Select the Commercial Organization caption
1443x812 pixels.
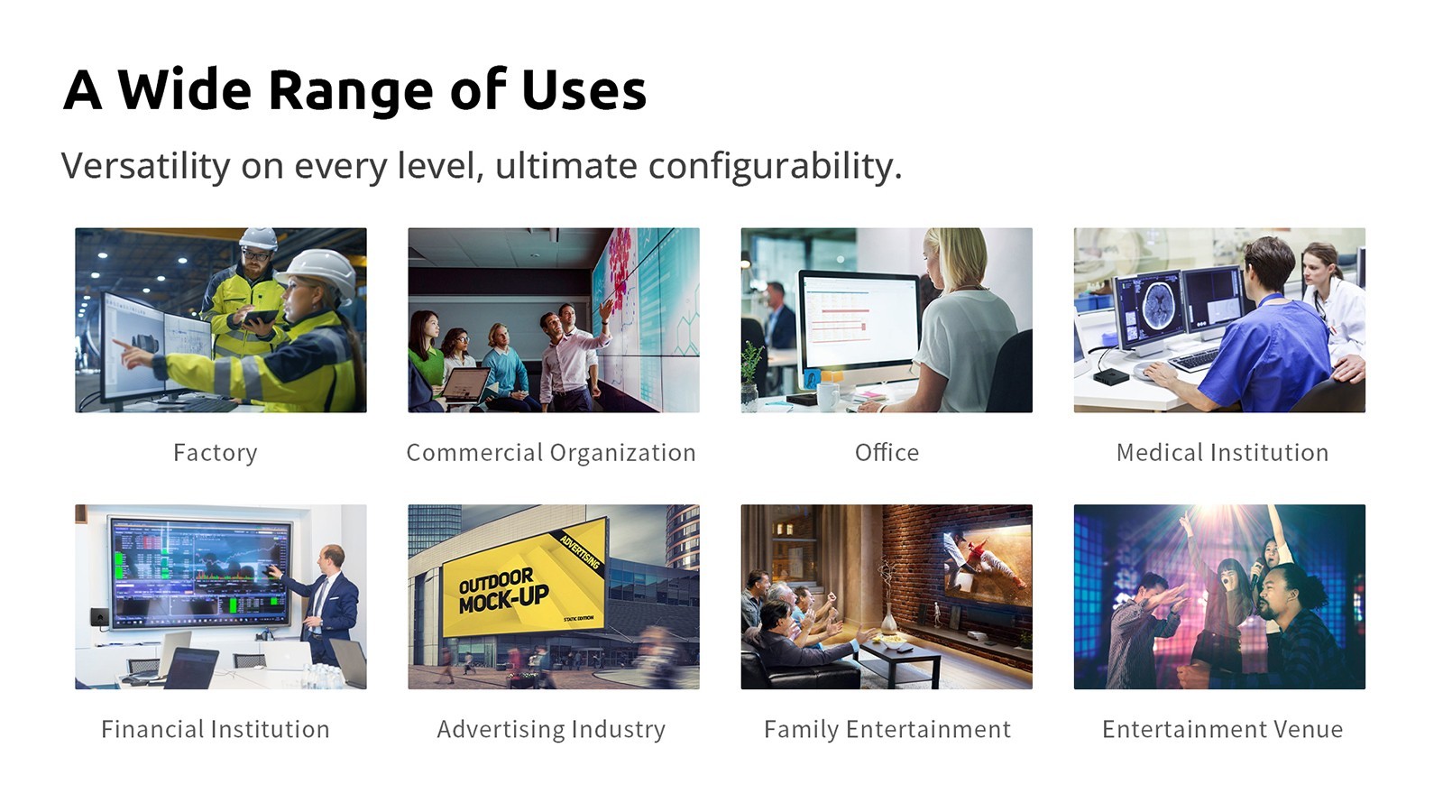[x=551, y=453]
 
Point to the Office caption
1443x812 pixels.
[x=887, y=452]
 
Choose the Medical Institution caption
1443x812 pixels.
[x=1223, y=452]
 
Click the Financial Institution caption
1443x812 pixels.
[x=216, y=730]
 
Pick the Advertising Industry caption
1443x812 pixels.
[x=551, y=730]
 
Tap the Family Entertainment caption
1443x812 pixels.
[x=887, y=730]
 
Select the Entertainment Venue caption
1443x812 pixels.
[x=1223, y=730]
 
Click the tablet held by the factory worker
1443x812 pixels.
[x=261, y=317]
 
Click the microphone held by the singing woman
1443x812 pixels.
[x=1256, y=571]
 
